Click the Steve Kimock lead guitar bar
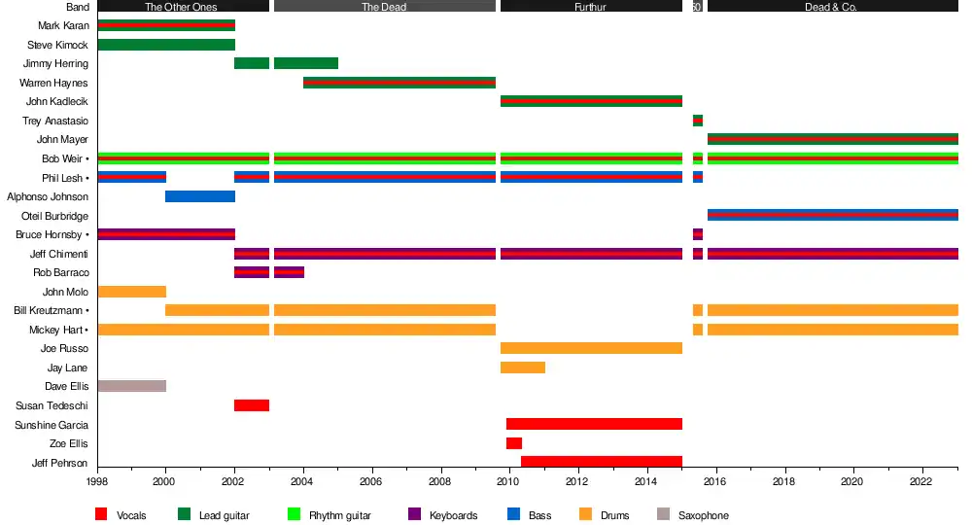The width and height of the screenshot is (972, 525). (166, 45)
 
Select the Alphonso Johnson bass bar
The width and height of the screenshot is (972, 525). (200, 196)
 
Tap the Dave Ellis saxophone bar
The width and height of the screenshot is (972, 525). (132, 386)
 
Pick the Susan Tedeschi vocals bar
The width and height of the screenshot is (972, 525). (252, 405)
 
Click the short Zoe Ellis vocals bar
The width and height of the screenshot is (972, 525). (514, 443)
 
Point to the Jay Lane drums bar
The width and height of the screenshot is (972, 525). (523, 367)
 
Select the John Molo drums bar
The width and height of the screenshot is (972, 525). (132, 292)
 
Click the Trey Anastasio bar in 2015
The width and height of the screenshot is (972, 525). (698, 121)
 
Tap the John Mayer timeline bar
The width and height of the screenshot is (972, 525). (833, 139)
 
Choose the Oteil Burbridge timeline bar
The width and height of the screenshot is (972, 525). (833, 215)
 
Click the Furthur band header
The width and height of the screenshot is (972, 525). (591, 7)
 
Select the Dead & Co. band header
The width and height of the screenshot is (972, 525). (832, 7)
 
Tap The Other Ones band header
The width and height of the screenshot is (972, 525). (182, 7)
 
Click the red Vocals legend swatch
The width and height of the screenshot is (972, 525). (101, 515)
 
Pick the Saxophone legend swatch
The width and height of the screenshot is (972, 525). (664, 515)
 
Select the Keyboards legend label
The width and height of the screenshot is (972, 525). (453, 515)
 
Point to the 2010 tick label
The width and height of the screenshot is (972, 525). (508, 481)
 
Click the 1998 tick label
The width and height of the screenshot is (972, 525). (97, 481)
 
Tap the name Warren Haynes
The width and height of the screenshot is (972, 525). (53, 83)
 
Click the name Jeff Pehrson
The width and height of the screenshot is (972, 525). (59, 463)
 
